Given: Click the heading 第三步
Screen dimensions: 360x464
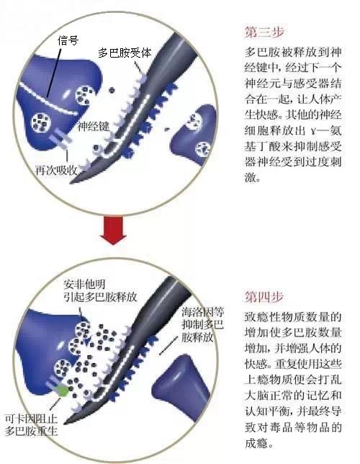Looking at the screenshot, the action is coord(264,32).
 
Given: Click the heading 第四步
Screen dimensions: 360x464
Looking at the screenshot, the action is coord(264,297).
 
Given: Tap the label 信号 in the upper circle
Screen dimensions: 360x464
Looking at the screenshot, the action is coord(68,40).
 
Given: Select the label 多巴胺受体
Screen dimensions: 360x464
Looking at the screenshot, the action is coord(125,53).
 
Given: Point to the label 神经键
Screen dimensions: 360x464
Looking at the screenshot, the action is coord(94,126).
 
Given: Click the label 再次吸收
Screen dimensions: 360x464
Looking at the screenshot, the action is coord(56,170).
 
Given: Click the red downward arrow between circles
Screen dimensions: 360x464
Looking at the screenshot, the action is coord(113,231).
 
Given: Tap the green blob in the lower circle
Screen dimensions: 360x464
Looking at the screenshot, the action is coord(63,391).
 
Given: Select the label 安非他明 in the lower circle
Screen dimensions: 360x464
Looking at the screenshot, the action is coord(84,285).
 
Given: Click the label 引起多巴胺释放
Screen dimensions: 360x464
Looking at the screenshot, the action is coord(100,297).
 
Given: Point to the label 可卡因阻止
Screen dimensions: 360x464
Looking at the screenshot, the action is coord(32,419).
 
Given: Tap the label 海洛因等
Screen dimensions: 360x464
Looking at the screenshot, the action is coord(203,312).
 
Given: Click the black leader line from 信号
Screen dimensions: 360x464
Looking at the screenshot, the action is coord(54,73).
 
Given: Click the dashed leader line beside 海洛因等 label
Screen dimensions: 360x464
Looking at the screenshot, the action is coord(168,345).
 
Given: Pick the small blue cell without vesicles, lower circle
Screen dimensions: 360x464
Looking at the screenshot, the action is coord(181,386).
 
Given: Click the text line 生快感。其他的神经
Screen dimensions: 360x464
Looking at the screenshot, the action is coord(293,115).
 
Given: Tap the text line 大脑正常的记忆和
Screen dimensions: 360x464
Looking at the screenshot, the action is coord(293,395).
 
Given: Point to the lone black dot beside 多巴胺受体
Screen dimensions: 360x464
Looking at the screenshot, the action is coord(112,90).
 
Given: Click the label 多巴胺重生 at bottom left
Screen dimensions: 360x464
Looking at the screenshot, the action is coord(32,431).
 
